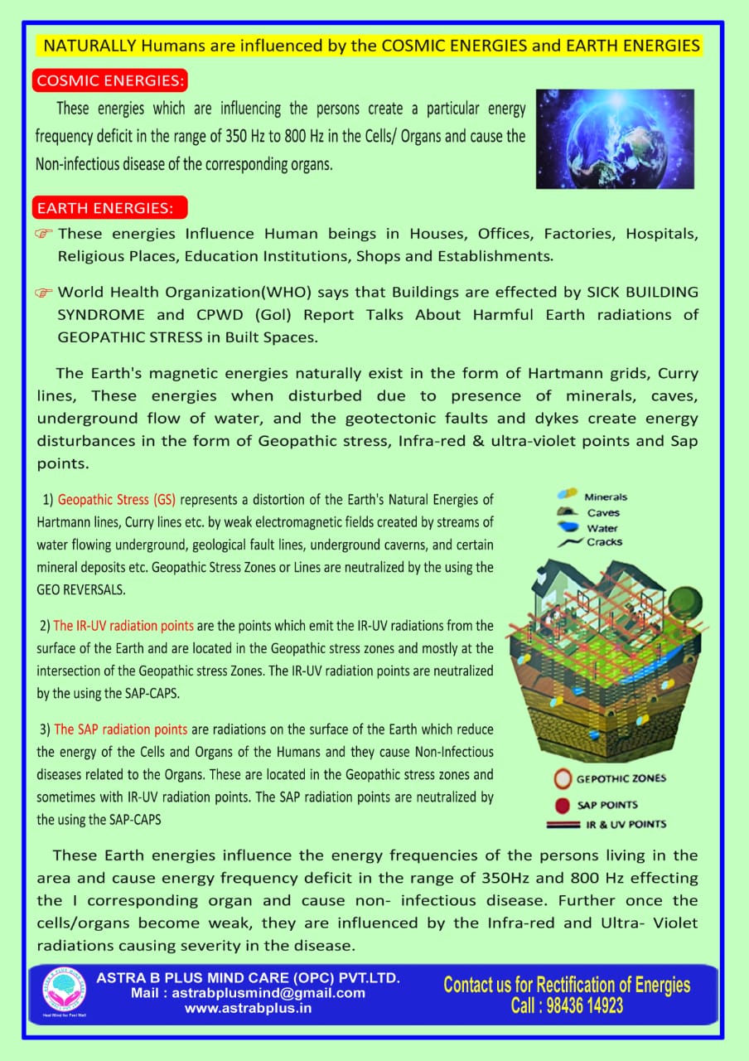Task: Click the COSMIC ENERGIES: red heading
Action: point(111,81)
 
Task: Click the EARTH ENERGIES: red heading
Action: point(110,207)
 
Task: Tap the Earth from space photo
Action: point(614,138)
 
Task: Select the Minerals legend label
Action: point(606,497)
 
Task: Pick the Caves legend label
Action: point(603,513)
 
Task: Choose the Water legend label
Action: point(602,528)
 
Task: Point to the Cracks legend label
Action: point(604,542)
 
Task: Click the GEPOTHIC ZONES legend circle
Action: point(563,779)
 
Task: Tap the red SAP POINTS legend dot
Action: point(563,805)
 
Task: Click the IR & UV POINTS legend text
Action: point(626,824)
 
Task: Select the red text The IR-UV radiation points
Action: point(124,626)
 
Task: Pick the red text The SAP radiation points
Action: point(121,730)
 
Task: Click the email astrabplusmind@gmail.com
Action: point(248,993)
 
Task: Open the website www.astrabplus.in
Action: point(248,1008)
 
